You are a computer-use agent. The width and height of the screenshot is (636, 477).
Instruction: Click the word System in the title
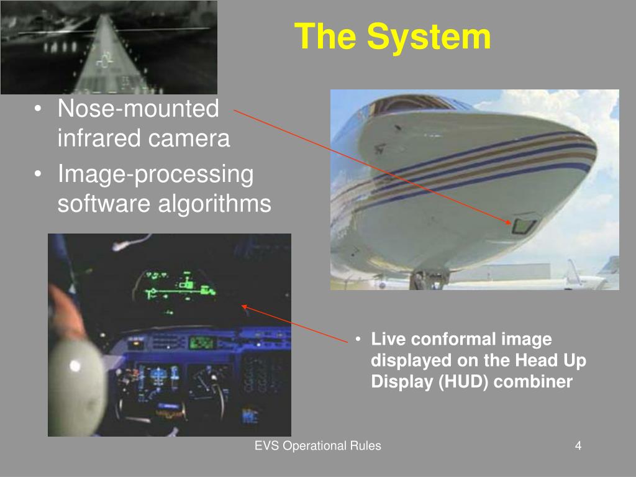pos(429,37)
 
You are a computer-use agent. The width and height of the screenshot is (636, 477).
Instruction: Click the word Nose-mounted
pos(139,109)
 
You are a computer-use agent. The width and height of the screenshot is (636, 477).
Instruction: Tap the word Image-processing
pos(156,175)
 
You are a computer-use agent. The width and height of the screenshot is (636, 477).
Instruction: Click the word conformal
pos(448,340)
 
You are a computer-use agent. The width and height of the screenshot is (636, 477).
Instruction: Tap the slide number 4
pos(578,445)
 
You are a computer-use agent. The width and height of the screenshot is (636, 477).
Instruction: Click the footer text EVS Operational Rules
pos(318,445)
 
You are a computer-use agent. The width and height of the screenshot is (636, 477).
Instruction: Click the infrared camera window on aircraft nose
pos(524,226)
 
